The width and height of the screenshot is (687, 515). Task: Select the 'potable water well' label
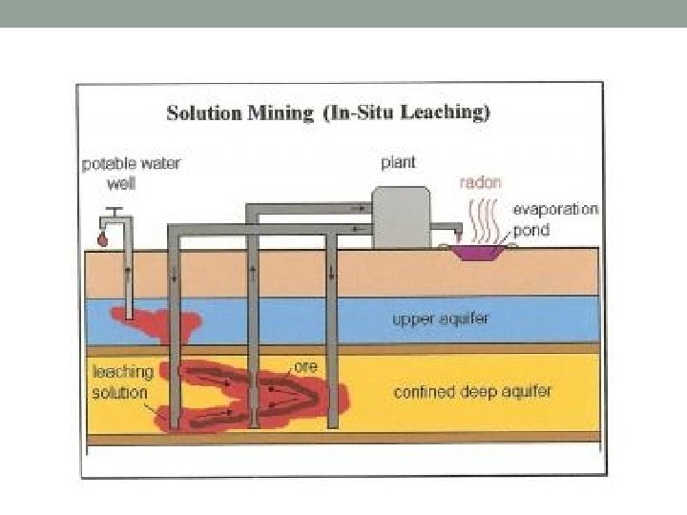click(130, 173)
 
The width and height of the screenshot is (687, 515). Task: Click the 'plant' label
click(398, 163)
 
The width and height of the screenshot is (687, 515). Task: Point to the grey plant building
click(400, 217)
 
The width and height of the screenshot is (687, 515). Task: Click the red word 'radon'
click(480, 182)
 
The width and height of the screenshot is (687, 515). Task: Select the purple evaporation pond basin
click(479, 251)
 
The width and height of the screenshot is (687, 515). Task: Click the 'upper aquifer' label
click(440, 319)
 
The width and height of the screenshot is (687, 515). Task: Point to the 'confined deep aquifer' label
click(472, 391)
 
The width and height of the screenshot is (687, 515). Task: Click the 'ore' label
click(305, 366)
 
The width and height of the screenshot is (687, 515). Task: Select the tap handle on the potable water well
click(115, 209)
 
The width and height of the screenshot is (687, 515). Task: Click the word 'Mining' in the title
click(281, 113)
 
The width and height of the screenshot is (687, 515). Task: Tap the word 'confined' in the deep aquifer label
click(424, 391)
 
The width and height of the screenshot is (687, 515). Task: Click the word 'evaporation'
click(555, 210)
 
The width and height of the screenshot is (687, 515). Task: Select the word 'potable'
click(108, 164)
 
